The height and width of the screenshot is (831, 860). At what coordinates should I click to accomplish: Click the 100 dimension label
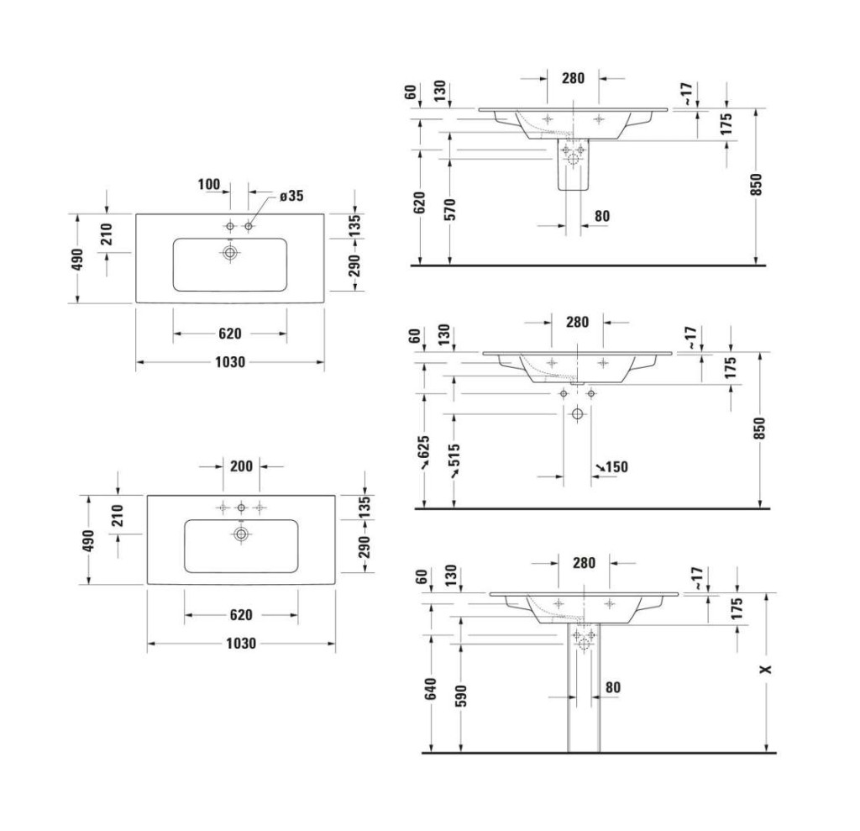click(x=209, y=184)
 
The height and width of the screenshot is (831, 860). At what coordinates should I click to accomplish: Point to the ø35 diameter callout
click(x=291, y=196)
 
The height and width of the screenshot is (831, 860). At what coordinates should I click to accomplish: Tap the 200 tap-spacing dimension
click(x=241, y=466)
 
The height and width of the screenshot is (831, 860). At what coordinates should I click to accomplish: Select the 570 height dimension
click(x=449, y=209)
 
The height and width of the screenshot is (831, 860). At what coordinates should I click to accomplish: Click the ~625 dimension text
click(x=424, y=452)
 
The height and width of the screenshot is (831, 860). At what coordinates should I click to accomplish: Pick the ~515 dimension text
click(x=454, y=460)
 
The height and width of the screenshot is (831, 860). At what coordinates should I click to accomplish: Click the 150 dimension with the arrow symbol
click(x=612, y=467)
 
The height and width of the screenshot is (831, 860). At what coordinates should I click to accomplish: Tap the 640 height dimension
click(x=431, y=689)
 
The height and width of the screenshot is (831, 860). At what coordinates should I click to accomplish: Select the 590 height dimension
click(x=461, y=696)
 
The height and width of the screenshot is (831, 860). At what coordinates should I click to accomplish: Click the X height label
click(x=766, y=669)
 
